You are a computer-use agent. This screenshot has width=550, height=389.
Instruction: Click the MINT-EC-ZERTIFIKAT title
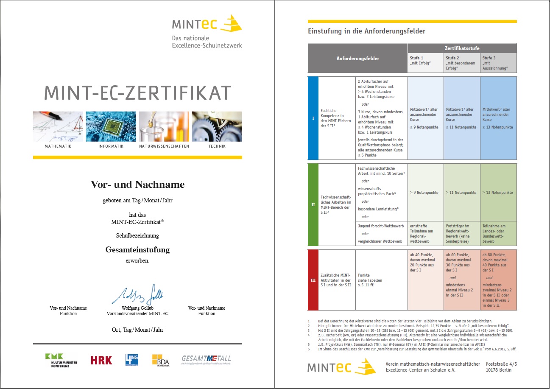(138, 93)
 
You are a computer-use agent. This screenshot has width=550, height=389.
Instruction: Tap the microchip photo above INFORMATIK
(111, 126)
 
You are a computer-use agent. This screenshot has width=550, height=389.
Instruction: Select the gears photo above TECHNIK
(217, 126)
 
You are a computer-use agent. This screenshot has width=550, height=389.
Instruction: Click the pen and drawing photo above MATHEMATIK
(58, 126)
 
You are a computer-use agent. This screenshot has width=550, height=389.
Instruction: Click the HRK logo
(101, 360)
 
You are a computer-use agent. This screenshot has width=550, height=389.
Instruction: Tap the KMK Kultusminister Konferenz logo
(61, 360)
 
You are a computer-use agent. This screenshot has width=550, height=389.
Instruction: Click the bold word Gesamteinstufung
(137, 249)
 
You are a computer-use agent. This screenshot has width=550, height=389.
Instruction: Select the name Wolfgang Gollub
(137, 308)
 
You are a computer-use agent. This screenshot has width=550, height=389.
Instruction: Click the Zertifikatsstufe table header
(462, 48)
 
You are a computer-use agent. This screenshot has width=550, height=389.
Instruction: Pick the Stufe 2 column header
(462, 63)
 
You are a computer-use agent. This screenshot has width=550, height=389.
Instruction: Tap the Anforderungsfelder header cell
(357, 59)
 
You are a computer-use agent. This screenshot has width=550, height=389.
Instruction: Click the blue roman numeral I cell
(313, 118)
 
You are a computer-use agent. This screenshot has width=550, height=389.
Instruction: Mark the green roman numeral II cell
(313, 204)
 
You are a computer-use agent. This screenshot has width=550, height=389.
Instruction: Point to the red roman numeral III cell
(313, 280)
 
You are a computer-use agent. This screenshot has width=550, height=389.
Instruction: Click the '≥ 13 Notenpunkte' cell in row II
(498, 193)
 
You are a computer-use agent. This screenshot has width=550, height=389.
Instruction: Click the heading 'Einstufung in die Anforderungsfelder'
(366, 31)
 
